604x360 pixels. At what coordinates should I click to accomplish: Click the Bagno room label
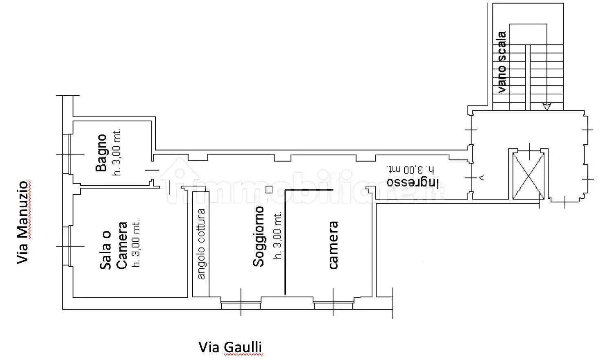coord(101,153)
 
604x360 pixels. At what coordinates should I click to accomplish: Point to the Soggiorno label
coord(258,237)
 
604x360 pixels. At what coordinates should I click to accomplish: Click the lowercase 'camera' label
coord(333,245)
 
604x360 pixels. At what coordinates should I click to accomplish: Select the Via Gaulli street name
coord(230,347)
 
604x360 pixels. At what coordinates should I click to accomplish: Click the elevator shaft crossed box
coord(528,175)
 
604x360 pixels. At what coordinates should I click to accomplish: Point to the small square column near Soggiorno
coord(269,189)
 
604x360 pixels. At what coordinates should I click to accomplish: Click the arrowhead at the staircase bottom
coord(547,107)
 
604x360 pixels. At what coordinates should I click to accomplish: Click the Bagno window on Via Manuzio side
coord(69,154)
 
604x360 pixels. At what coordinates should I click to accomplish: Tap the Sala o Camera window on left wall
coord(69,246)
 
